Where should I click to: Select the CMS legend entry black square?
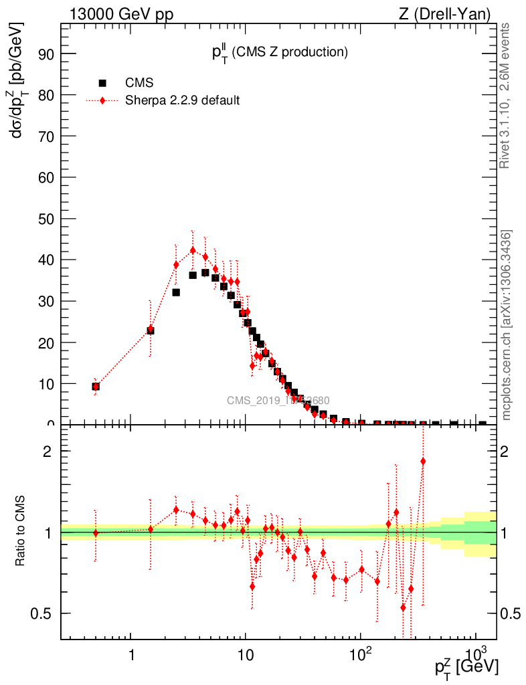click(102, 83)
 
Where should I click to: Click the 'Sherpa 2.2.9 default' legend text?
click(183, 100)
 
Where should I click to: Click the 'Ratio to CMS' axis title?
click(21, 531)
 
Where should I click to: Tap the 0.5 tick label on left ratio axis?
click(41, 613)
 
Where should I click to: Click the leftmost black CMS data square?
click(96, 387)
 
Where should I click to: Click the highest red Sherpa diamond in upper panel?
click(193, 250)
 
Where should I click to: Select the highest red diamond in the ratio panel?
click(423, 462)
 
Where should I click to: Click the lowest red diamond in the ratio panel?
click(404, 607)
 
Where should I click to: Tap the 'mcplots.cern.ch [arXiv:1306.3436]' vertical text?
click(507, 325)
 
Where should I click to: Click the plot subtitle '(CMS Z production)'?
click(290, 52)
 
